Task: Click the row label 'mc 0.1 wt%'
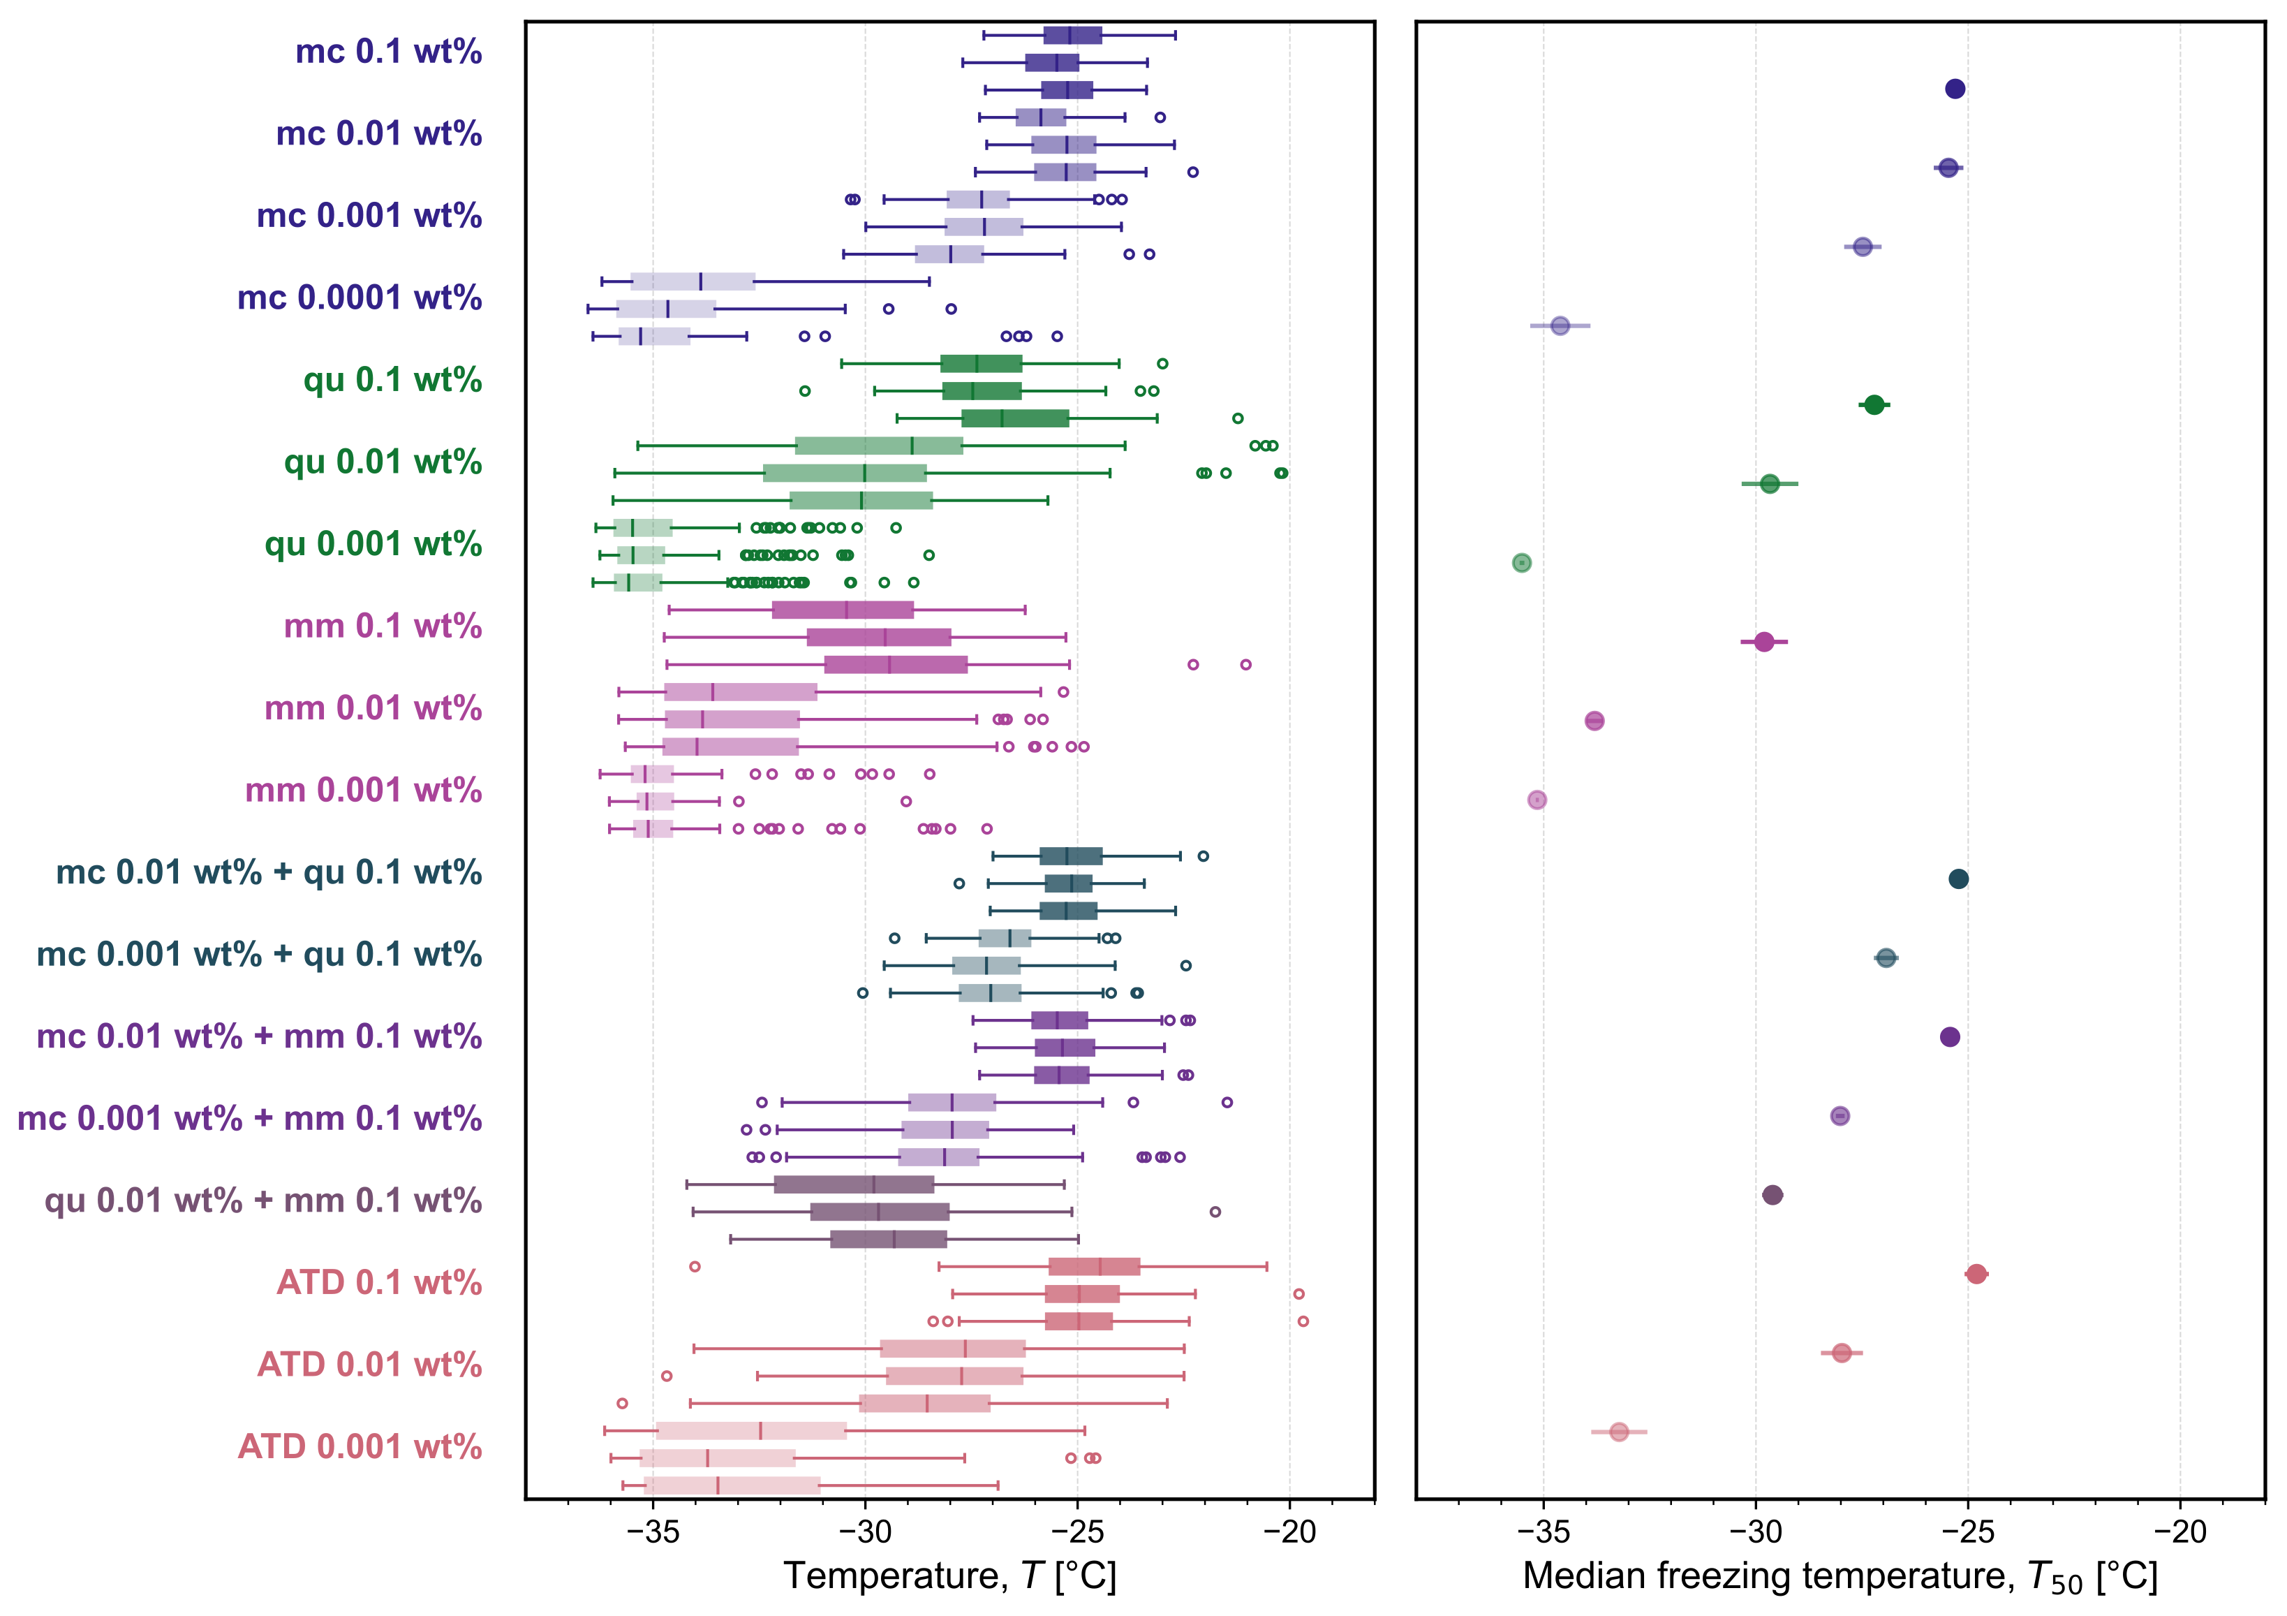click(387, 52)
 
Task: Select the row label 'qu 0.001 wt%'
click(373, 544)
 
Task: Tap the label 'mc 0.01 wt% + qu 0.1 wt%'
click(268, 873)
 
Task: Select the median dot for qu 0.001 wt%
click(1521, 563)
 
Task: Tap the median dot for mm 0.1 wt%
click(1764, 642)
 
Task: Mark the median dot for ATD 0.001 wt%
click(1619, 1432)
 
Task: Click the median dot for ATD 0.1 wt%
click(1976, 1275)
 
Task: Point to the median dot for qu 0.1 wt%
click(1874, 404)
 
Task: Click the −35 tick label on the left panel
click(653, 1531)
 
